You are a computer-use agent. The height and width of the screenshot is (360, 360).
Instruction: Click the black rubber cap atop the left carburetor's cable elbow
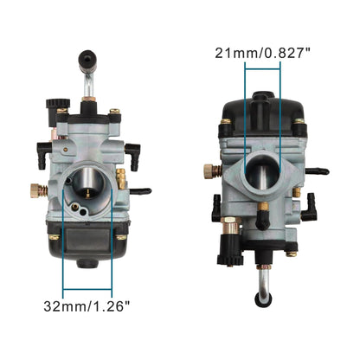(86, 61)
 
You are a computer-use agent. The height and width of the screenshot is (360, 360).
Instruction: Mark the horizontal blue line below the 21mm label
(264, 70)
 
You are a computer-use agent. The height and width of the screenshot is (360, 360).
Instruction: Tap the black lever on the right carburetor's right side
(318, 171)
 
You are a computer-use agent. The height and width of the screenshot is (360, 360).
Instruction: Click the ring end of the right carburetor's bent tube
(259, 297)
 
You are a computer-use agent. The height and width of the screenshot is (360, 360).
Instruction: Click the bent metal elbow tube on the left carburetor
(88, 87)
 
